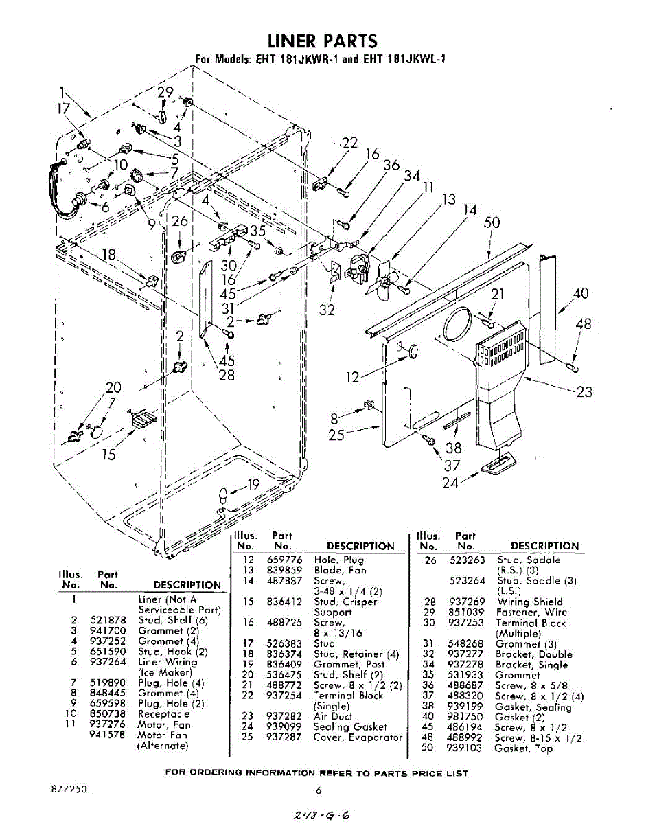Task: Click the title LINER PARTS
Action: (322, 41)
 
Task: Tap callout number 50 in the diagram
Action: (492, 223)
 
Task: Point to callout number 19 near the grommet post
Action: (253, 485)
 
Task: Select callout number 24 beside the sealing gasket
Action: (450, 482)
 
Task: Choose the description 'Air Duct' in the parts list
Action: (332, 716)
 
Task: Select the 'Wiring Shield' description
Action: (529, 602)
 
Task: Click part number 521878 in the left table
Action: (108, 620)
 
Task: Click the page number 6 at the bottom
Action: (319, 790)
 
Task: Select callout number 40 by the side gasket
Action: (580, 293)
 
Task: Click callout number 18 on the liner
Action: (108, 255)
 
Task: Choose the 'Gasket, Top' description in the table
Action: (523, 748)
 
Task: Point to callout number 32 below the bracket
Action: (327, 310)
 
